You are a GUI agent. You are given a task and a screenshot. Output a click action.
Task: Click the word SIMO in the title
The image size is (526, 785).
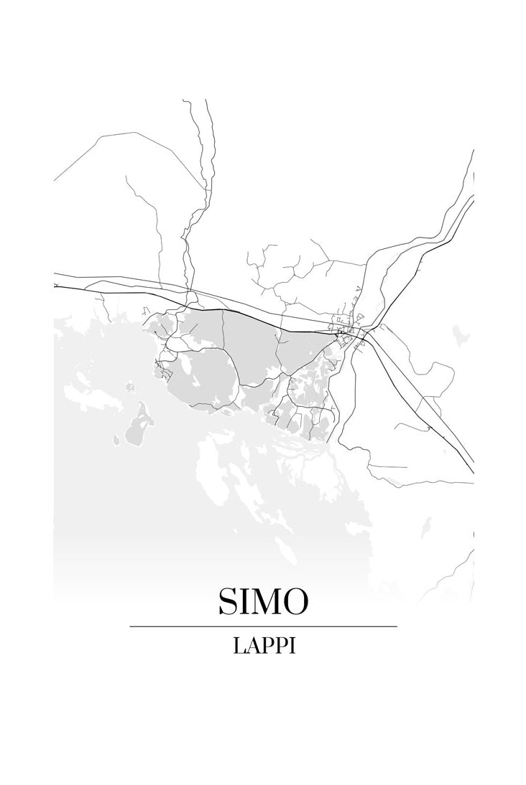pos(263,601)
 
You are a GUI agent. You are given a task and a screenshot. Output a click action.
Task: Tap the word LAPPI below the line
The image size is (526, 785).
pos(264,646)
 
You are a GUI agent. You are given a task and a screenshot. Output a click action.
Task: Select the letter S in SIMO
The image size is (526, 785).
pos(230,601)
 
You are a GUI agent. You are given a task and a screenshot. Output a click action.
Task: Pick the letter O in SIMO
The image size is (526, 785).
pos(295,601)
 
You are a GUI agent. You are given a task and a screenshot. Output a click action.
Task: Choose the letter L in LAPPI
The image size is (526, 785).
pos(239,646)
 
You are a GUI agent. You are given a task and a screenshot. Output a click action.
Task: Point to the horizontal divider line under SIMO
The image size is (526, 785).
pos(263,626)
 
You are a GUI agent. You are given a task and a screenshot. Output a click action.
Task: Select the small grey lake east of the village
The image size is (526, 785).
pos(461,334)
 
